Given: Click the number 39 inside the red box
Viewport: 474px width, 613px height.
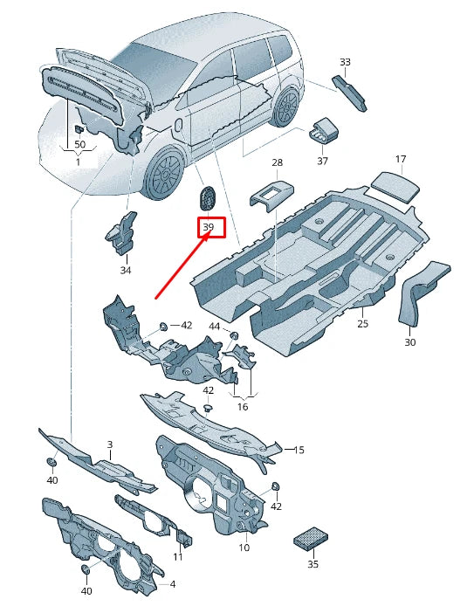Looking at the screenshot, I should point(209,228).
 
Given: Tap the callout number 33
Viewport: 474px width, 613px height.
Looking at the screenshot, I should point(345,62).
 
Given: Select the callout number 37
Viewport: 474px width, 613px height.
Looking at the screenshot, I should point(322,161).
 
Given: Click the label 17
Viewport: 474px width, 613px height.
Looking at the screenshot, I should point(401,159).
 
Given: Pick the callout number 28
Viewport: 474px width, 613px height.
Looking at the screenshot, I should point(277,163).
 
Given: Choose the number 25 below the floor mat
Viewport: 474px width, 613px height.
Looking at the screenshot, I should point(362,324).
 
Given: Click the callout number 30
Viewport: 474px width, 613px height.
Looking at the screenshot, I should point(410,342).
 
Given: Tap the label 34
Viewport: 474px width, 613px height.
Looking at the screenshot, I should point(125,271).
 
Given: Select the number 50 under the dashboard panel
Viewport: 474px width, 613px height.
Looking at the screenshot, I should point(79,143).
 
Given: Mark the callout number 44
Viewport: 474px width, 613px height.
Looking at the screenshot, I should point(215,326).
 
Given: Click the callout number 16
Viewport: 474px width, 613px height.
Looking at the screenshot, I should point(243,406).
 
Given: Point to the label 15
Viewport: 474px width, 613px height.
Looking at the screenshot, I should point(299,450).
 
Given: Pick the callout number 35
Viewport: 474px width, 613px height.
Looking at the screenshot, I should point(313,565).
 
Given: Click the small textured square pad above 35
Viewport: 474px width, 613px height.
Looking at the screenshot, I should point(310,537).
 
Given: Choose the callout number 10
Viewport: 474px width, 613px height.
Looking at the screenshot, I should point(244,548).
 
